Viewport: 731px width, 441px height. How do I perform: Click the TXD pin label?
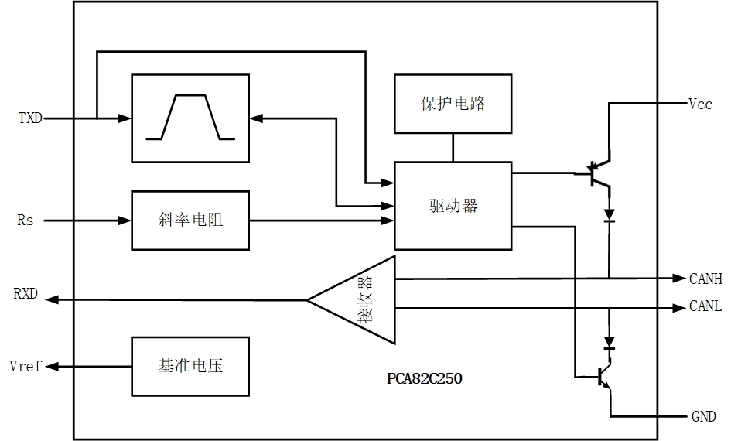click(30, 118)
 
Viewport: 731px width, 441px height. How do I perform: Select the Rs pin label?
click(26, 220)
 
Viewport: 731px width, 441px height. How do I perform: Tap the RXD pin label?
click(26, 295)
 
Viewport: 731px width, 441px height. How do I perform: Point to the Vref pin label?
click(26, 366)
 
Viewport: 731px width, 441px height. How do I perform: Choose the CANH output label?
click(705, 279)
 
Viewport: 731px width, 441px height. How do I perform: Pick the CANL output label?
click(705, 307)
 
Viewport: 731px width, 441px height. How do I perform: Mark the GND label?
click(703, 417)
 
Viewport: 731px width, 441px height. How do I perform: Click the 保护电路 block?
click(453, 104)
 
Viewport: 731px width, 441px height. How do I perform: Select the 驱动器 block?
click(453, 206)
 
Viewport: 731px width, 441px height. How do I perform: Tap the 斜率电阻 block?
click(190, 220)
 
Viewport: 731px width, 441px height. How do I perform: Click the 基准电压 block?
click(190, 366)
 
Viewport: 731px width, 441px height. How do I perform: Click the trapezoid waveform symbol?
click(190, 118)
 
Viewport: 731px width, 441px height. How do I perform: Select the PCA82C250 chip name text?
click(425, 380)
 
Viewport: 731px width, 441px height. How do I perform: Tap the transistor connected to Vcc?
click(597, 174)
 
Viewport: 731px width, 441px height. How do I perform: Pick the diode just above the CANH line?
click(609, 215)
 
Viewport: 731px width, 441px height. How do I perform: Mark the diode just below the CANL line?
click(609, 342)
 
